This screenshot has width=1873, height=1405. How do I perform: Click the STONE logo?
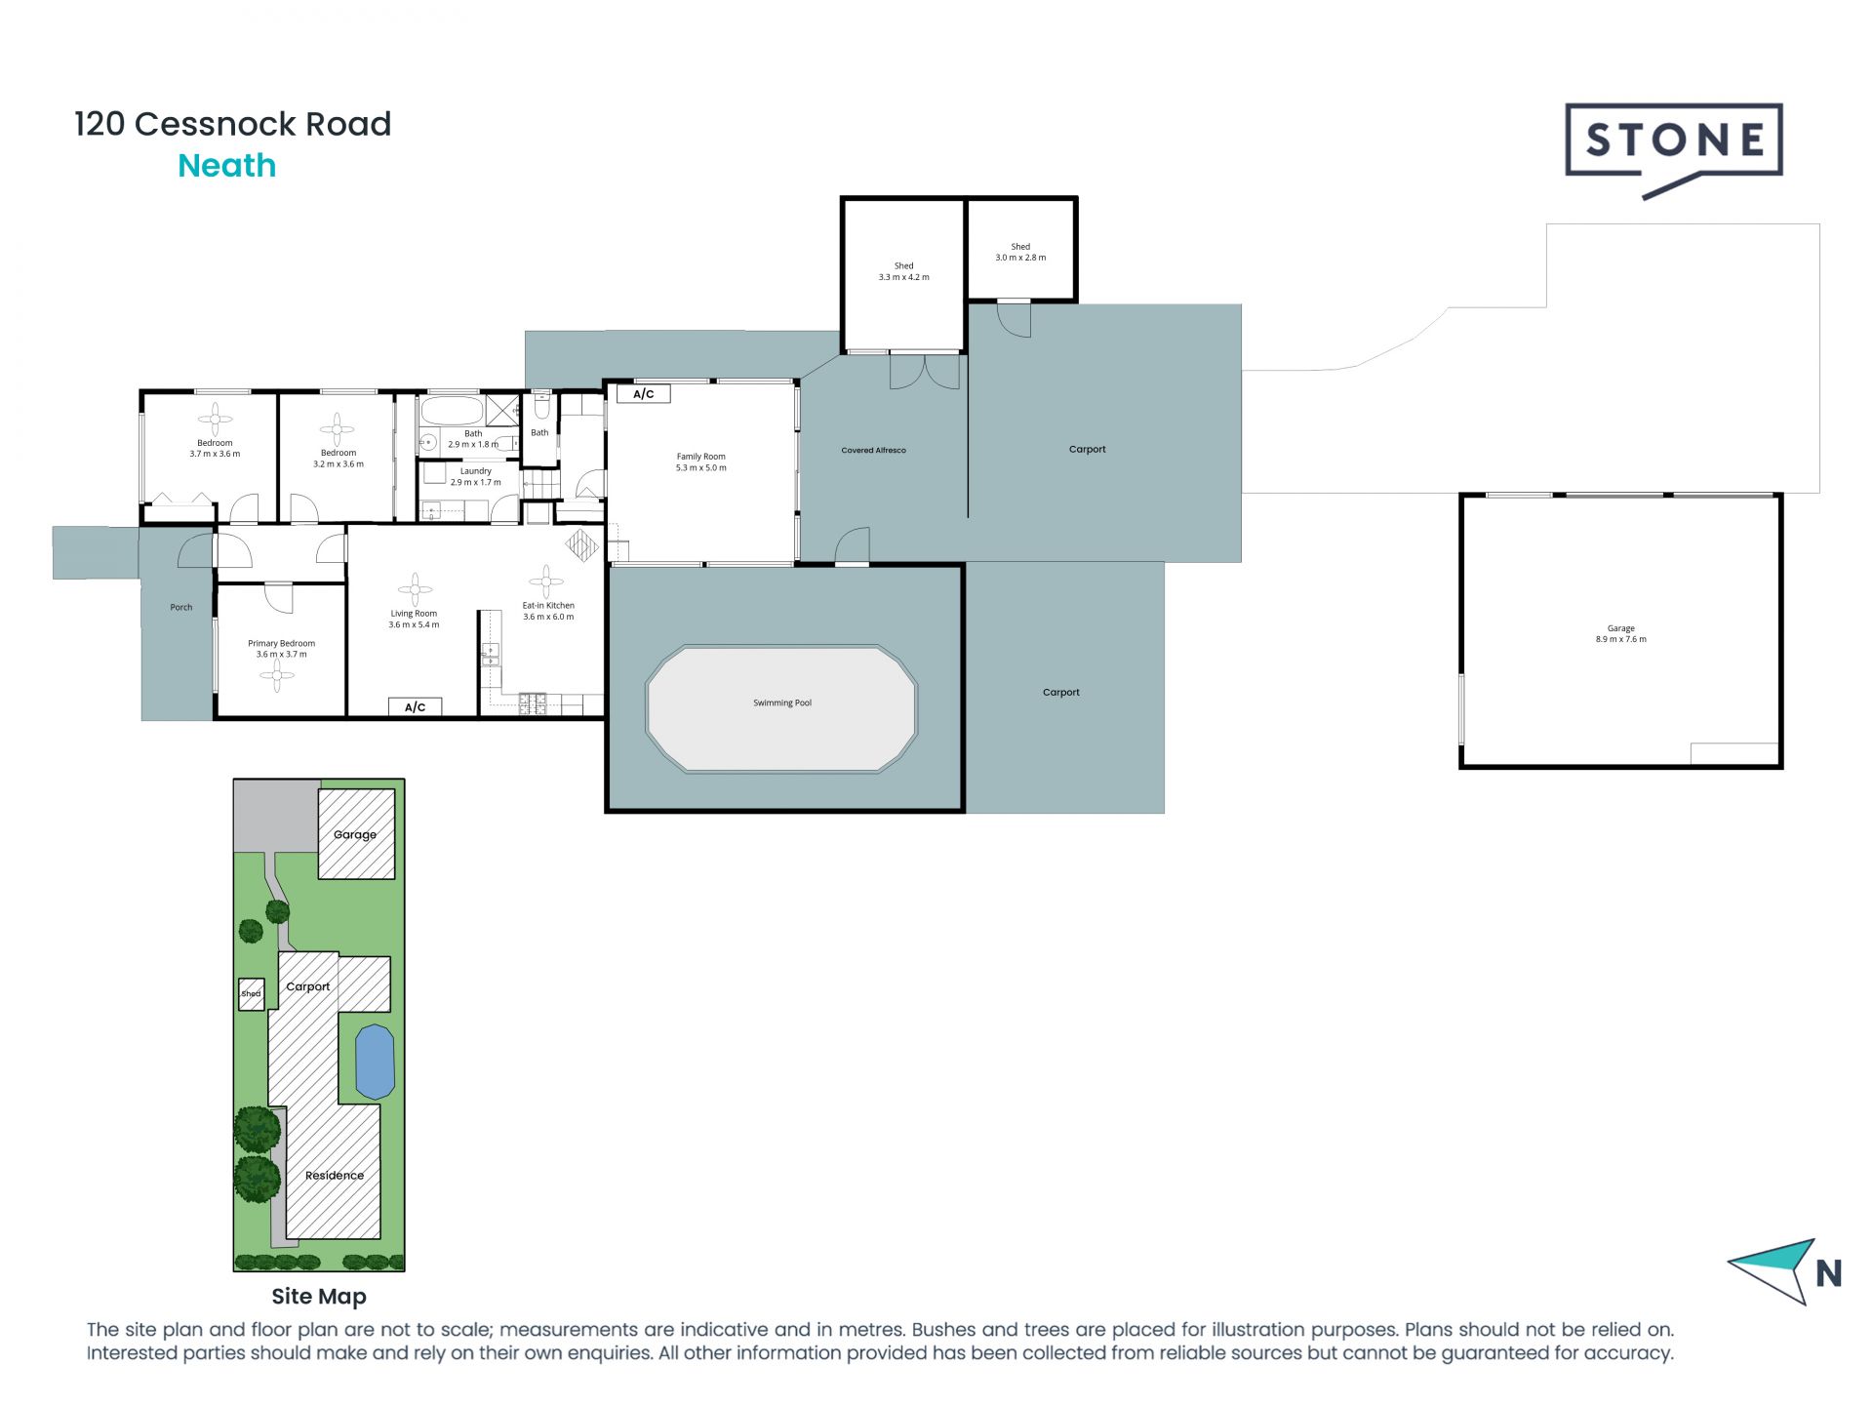click(1673, 141)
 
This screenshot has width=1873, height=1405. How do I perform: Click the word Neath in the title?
click(226, 166)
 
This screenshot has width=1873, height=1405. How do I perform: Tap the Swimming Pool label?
click(781, 702)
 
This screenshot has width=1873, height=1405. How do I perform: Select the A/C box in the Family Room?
click(644, 394)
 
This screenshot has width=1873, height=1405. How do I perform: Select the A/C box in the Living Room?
click(415, 706)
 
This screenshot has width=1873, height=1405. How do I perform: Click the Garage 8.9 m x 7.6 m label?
click(1620, 634)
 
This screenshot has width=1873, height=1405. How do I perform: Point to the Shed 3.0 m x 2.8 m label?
click(1019, 253)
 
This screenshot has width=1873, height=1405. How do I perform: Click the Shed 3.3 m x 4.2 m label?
click(903, 271)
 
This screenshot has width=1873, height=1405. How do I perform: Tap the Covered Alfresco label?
click(873, 451)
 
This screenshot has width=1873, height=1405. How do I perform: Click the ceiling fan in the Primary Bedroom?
click(277, 676)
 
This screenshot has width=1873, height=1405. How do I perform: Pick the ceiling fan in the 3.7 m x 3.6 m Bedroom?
click(215, 421)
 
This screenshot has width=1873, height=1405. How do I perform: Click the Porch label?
click(181, 607)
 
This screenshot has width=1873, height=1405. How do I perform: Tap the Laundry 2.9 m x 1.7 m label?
click(475, 476)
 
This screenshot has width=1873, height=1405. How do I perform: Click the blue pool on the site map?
click(375, 1062)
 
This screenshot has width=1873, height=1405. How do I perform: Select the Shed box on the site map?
click(252, 994)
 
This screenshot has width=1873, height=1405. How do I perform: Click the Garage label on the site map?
click(355, 834)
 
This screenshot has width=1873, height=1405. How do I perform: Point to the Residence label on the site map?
click(334, 1175)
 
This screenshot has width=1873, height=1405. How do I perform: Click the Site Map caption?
click(319, 1297)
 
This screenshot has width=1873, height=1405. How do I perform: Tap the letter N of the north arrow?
click(1828, 1273)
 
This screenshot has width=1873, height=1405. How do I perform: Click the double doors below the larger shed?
click(925, 372)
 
